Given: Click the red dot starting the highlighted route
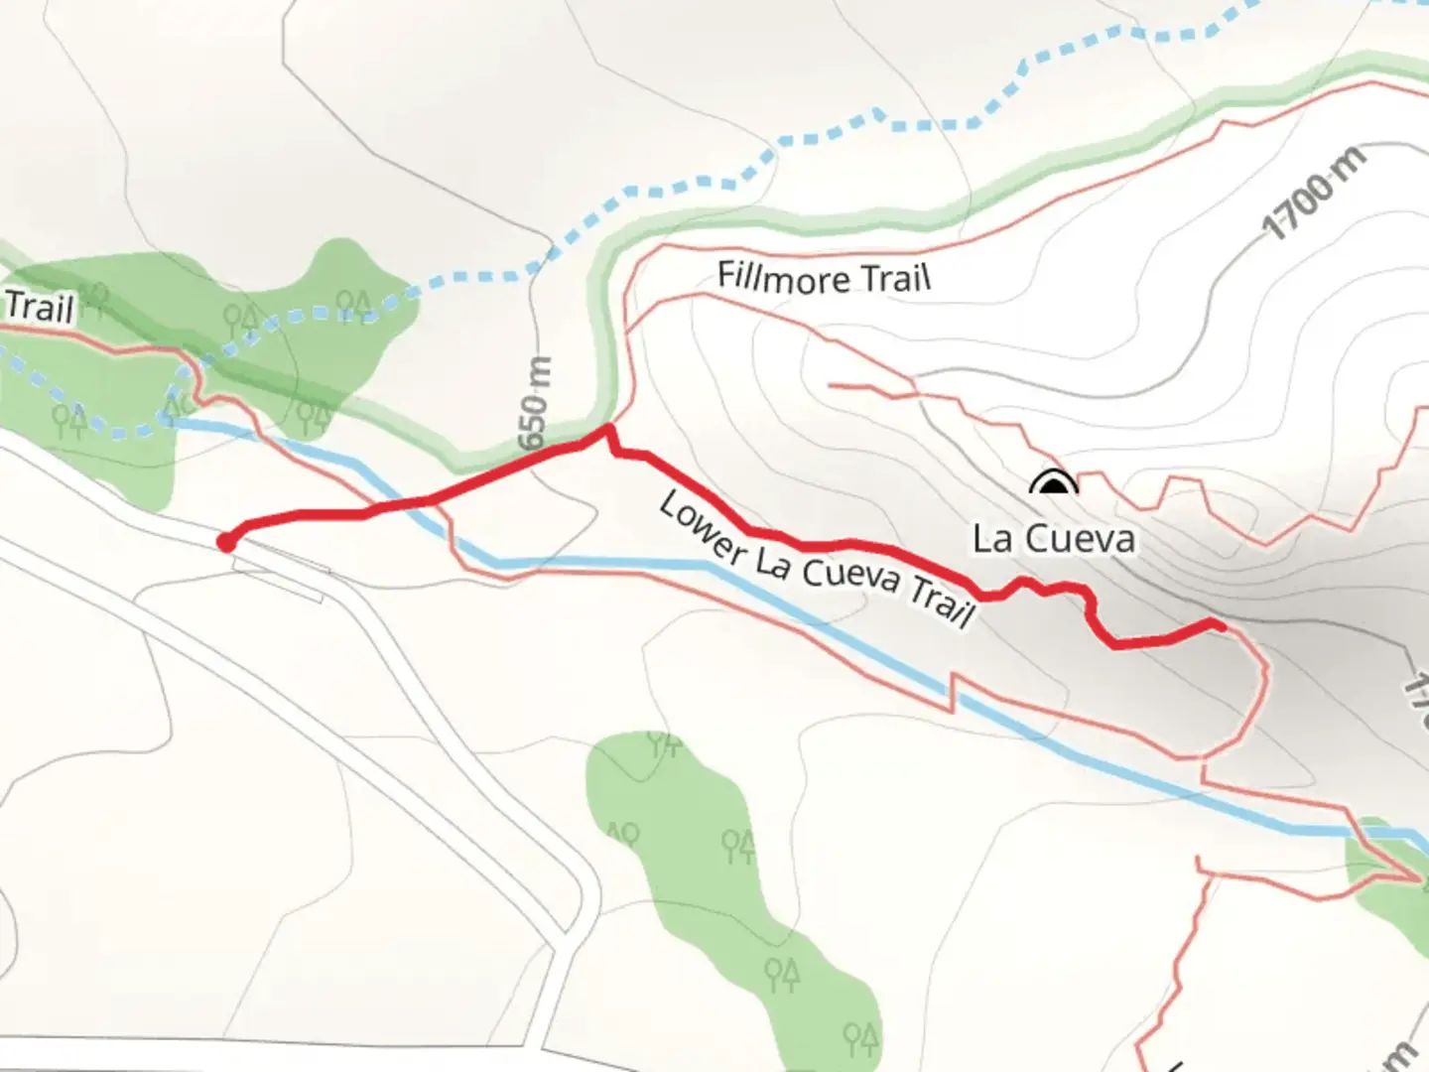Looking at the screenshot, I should click(226, 542).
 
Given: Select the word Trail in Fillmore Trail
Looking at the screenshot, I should click(896, 280).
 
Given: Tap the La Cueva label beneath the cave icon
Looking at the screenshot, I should click(1053, 539).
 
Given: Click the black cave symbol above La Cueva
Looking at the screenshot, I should click(1053, 484).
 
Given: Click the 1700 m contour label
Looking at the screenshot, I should click(1313, 193).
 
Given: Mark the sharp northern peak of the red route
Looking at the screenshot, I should click(606, 428).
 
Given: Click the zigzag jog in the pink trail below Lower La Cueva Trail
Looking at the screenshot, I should click(954, 691).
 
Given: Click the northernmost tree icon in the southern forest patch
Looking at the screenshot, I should click(663, 741).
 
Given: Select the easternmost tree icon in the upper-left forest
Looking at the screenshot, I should click(353, 305).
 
